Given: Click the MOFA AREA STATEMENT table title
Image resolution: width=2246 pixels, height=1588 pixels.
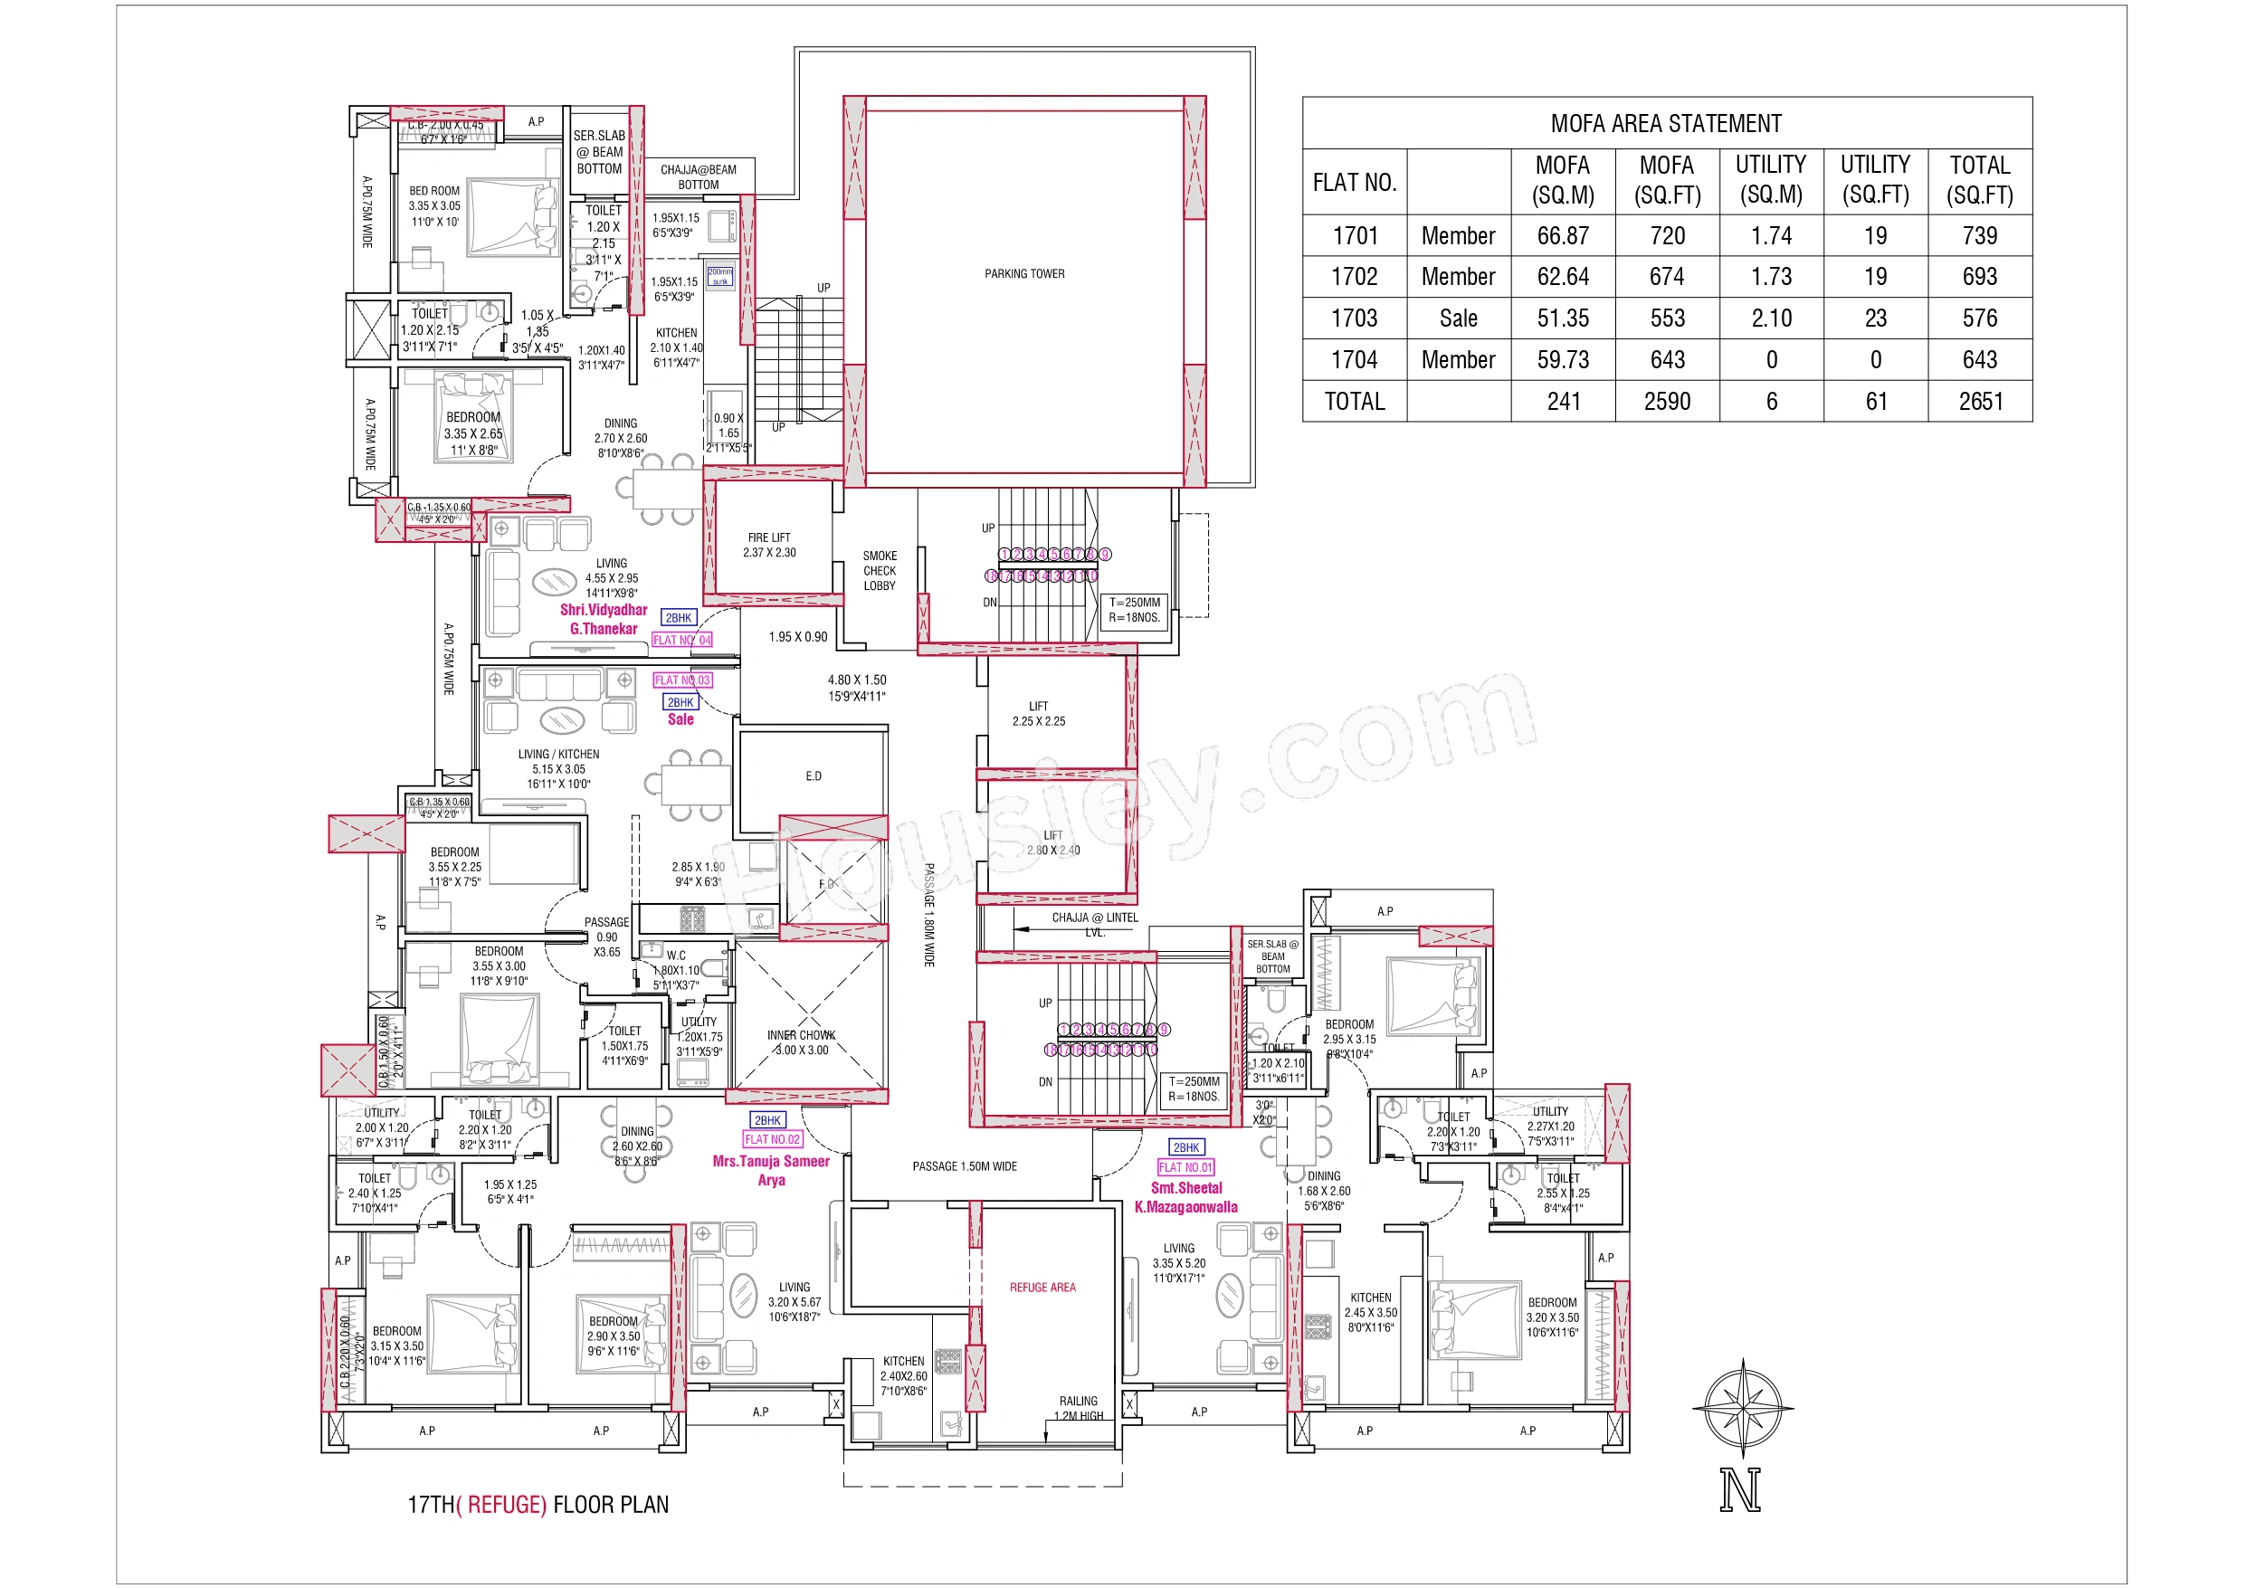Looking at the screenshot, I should (1666, 123).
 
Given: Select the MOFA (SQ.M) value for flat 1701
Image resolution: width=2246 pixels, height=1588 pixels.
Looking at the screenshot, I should (1562, 236).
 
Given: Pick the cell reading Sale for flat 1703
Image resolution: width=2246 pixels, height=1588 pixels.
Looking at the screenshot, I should (1458, 318).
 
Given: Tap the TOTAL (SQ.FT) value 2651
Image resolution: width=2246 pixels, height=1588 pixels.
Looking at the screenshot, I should (1979, 401).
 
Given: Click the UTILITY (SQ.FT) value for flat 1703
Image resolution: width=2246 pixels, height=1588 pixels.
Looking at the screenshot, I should (1874, 318).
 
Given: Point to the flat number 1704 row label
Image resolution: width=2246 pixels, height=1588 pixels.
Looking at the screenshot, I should (1354, 360).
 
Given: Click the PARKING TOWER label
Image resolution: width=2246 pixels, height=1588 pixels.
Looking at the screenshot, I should (1024, 274).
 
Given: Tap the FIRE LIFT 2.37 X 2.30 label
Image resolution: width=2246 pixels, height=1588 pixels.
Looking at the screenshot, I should (769, 545).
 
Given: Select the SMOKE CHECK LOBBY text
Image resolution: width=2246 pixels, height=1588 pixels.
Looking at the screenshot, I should (879, 570).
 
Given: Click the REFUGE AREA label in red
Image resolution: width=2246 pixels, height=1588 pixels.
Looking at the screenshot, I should (1042, 1288).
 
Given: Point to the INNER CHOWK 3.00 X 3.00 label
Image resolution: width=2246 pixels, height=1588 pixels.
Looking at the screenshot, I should (801, 1042).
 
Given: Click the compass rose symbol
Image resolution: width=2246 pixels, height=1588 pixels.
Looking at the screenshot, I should (1741, 1408).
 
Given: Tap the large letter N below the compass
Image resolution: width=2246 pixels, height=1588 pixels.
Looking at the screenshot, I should (1740, 1489).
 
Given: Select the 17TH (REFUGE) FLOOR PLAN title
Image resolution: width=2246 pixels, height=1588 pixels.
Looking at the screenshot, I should (538, 1504).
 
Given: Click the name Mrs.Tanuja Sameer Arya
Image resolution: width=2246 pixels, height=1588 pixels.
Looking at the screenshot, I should (771, 1170).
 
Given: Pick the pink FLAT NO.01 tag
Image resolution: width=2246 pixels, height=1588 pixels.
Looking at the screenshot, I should (1185, 1167).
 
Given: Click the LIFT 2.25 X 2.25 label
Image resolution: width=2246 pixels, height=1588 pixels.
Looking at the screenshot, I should (1038, 713).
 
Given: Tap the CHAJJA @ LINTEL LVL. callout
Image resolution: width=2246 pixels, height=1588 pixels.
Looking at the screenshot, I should (1094, 924).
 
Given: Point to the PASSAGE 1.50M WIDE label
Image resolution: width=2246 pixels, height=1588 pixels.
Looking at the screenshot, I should (965, 1166).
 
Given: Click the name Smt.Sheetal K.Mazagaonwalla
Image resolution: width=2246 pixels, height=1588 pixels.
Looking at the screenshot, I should (1185, 1198).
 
